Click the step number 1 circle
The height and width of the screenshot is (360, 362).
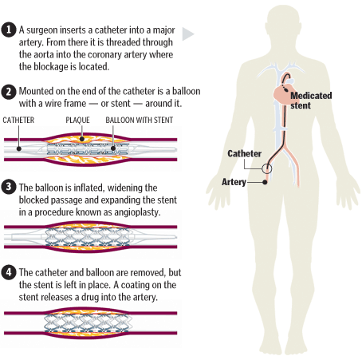pos(9,30)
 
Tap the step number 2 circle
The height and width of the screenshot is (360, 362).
pos(9,92)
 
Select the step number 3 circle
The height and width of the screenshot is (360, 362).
pos(9,187)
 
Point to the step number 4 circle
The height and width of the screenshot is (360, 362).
pos(9,272)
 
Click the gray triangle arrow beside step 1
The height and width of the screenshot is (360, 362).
pos(187,34)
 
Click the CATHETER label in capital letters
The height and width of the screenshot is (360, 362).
pos(18,120)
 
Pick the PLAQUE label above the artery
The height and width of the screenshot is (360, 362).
pos(77,120)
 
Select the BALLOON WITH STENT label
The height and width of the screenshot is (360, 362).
pos(140,120)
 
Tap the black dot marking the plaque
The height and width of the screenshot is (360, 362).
pos(82,139)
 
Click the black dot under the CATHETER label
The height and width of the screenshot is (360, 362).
pos(19,148)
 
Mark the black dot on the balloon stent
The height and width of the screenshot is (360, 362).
pos(113,148)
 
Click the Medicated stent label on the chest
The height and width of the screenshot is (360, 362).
pos(311,101)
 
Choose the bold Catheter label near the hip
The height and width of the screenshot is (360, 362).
pos(244,153)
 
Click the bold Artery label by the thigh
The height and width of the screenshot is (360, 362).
pos(234,182)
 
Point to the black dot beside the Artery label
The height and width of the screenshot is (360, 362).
pos(265,182)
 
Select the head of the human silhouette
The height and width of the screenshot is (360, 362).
pos(284,26)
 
